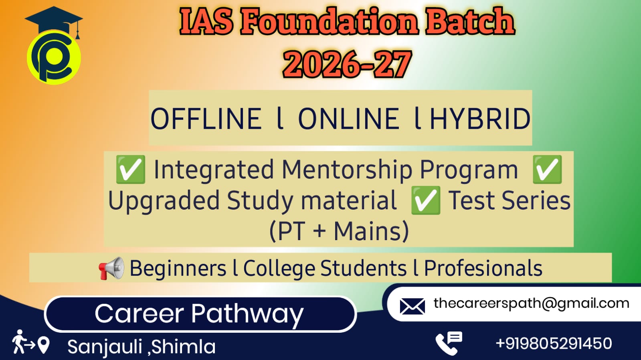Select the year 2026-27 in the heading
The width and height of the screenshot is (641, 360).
(348, 64)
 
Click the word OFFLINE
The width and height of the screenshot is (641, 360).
(206, 119)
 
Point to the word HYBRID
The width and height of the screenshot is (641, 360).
(481, 119)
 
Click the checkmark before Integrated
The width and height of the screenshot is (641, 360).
(131, 170)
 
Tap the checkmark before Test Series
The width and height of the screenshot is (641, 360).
(425, 200)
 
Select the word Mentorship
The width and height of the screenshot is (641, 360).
(347, 170)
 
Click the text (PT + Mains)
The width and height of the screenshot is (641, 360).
(339, 231)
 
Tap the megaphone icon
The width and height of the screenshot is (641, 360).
(111, 268)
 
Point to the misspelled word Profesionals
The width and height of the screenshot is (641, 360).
(483, 268)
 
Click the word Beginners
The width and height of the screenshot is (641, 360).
(178, 269)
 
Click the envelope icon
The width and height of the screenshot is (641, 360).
(412, 307)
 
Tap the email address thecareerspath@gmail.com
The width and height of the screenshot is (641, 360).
(532, 303)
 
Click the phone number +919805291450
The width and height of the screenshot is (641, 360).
(554, 344)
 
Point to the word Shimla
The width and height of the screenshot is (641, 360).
(183, 346)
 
